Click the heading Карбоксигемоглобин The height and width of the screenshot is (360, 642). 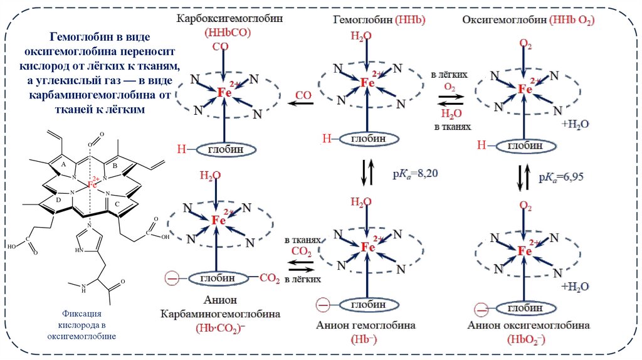[x=229, y=19]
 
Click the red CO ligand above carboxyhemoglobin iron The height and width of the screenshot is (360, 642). [x=220, y=47]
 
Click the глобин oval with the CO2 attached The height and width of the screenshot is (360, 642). [x=218, y=277]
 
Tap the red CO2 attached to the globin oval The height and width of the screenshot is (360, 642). [x=269, y=278]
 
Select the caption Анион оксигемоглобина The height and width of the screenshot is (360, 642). [x=528, y=326]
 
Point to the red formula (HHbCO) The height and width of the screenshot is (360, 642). [x=220, y=33]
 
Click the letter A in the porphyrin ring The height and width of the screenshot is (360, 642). [x=63, y=164]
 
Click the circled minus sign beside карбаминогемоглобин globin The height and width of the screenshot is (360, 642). [x=169, y=277]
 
